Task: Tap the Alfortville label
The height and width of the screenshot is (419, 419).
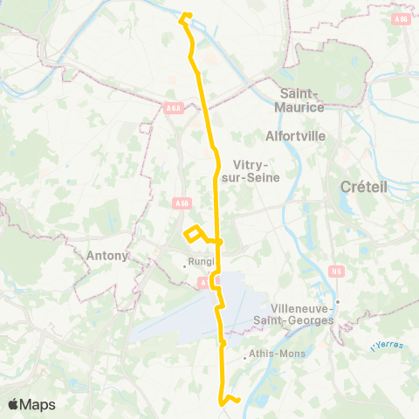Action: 295,137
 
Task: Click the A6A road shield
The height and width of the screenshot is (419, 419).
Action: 174,108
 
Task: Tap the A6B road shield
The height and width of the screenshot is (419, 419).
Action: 181,203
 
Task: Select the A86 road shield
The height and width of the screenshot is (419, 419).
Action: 401,18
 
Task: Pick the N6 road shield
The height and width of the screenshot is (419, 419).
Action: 337,271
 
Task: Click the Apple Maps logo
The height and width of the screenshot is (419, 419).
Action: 31,404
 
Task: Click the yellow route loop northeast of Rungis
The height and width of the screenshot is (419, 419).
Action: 195,234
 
